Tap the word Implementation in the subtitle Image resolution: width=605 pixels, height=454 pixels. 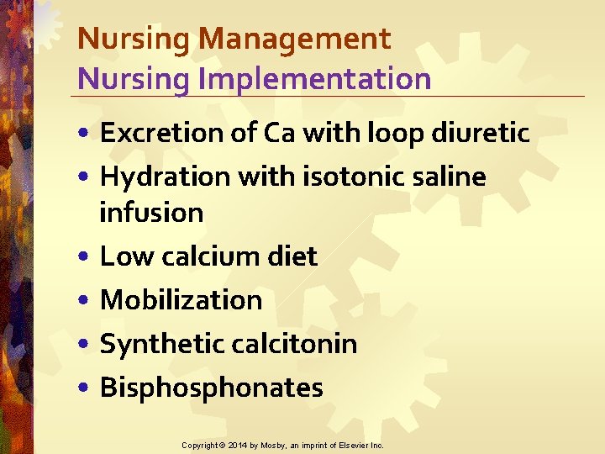click(x=306, y=79)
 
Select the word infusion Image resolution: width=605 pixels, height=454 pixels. click(x=151, y=213)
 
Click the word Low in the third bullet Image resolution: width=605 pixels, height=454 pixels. click(x=121, y=256)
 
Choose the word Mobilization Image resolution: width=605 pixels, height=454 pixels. click(x=181, y=300)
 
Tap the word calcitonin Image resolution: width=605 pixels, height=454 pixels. click(x=292, y=344)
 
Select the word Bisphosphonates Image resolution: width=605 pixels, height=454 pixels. click(x=211, y=388)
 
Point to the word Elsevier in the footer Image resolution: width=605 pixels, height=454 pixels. click(x=353, y=445)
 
